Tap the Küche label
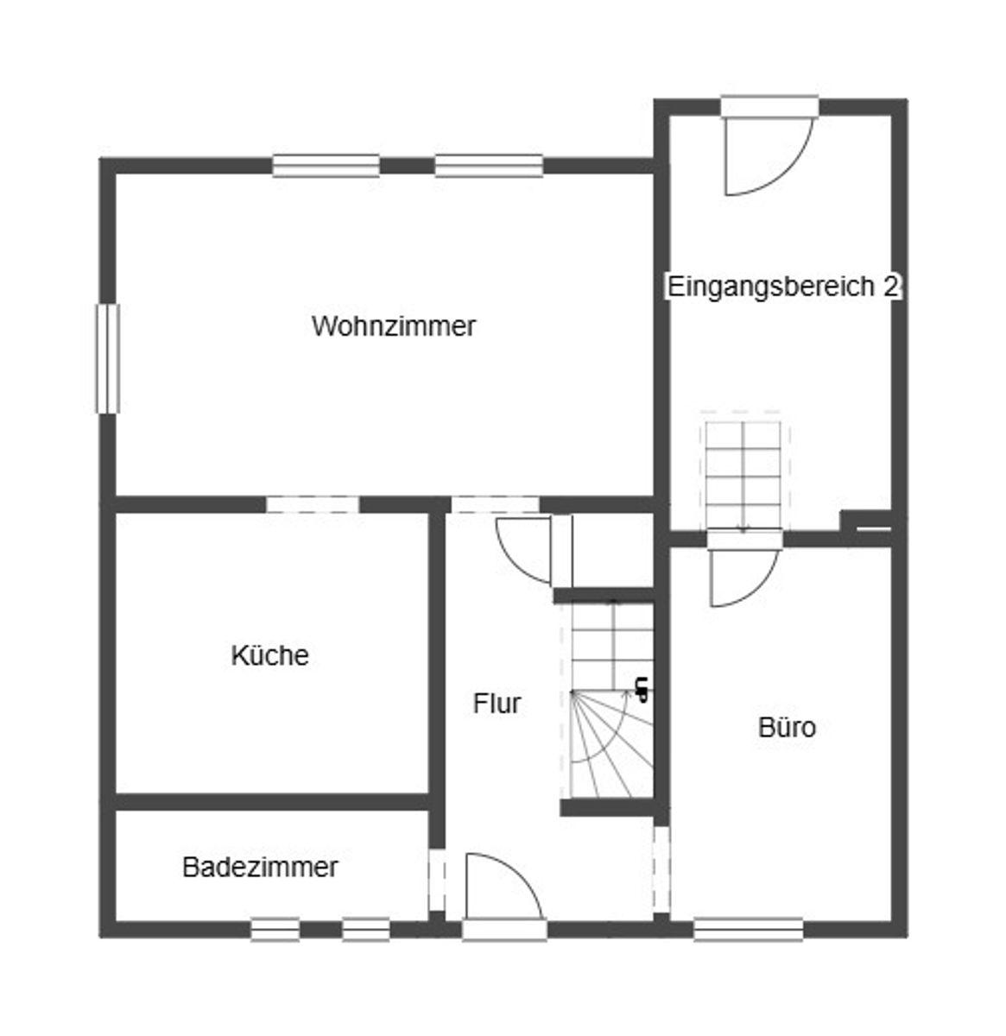coord(269,654)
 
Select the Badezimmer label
coord(260,868)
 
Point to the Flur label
coord(497,704)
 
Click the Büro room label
coord(787,727)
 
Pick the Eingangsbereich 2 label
coord(783,287)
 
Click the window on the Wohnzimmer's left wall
coord(108,359)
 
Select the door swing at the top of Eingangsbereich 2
coord(769,155)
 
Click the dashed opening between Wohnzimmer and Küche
coord(313,504)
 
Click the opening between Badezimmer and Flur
coord(437,880)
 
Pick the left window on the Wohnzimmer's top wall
coord(326,166)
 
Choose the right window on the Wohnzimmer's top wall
coord(489,166)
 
